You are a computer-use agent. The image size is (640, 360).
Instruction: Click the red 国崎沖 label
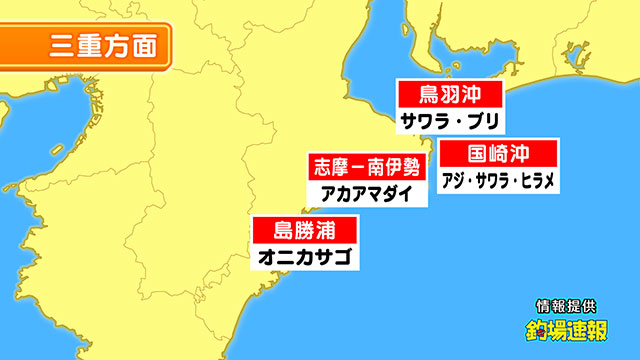(x=498, y=154)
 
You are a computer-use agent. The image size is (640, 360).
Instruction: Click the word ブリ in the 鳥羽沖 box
(x=486, y=122)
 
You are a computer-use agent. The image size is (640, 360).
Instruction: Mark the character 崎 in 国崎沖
(x=498, y=154)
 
